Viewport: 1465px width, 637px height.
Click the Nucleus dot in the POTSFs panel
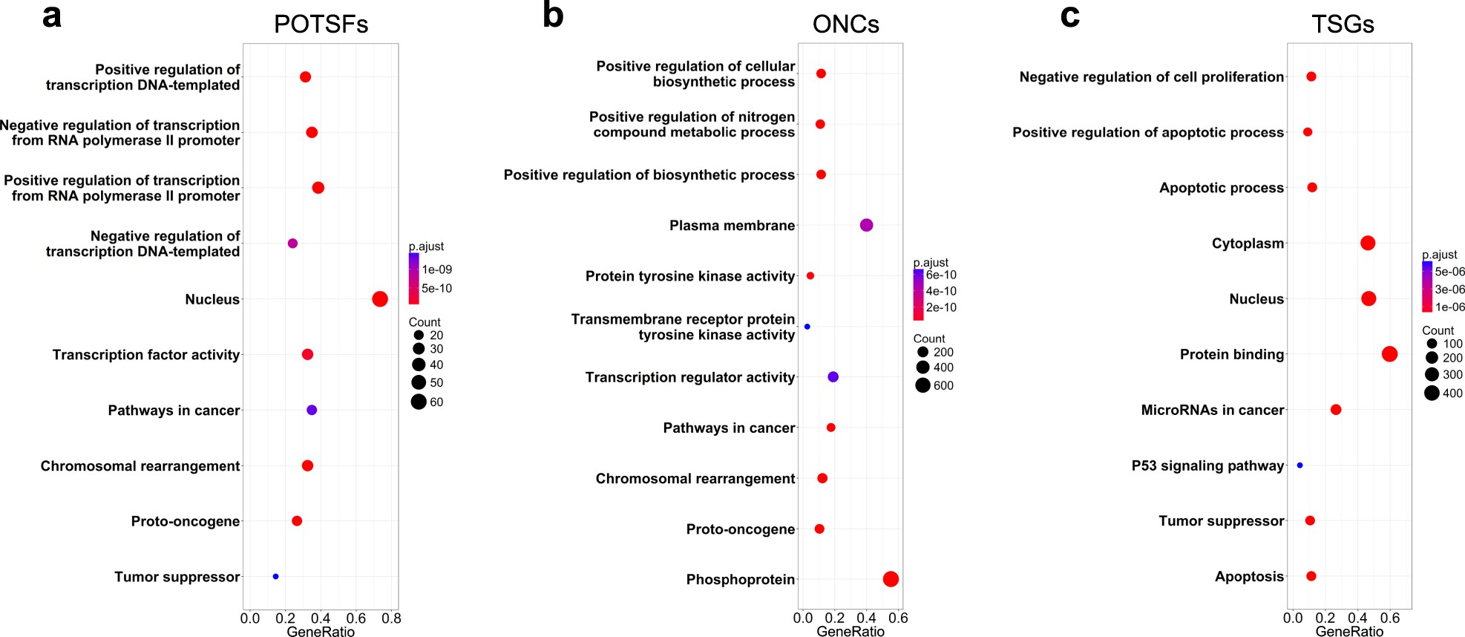point(379,299)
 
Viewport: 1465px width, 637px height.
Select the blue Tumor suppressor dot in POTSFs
point(275,576)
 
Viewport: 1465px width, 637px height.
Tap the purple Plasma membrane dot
point(866,225)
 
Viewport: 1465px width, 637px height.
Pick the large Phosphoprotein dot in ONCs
point(891,579)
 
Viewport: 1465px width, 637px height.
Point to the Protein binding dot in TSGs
point(1389,354)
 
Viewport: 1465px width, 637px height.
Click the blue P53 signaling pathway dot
point(1300,465)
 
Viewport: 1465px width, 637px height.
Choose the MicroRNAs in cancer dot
point(1336,410)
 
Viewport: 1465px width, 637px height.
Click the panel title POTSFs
point(321,24)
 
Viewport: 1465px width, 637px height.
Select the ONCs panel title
point(845,24)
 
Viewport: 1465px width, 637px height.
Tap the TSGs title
point(1343,24)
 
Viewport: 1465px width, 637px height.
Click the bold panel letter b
point(553,16)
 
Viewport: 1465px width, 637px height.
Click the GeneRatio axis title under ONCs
point(851,632)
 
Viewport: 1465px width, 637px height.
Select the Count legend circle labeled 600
point(922,385)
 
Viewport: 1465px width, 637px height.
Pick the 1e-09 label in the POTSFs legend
point(437,269)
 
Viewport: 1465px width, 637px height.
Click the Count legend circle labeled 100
point(1432,344)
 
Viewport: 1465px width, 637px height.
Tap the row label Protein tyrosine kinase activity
point(690,276)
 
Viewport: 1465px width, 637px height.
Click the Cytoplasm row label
point(1248,244)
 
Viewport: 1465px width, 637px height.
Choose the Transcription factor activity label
point(146,355)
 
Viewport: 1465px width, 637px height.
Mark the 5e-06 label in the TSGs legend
point(1450,272)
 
